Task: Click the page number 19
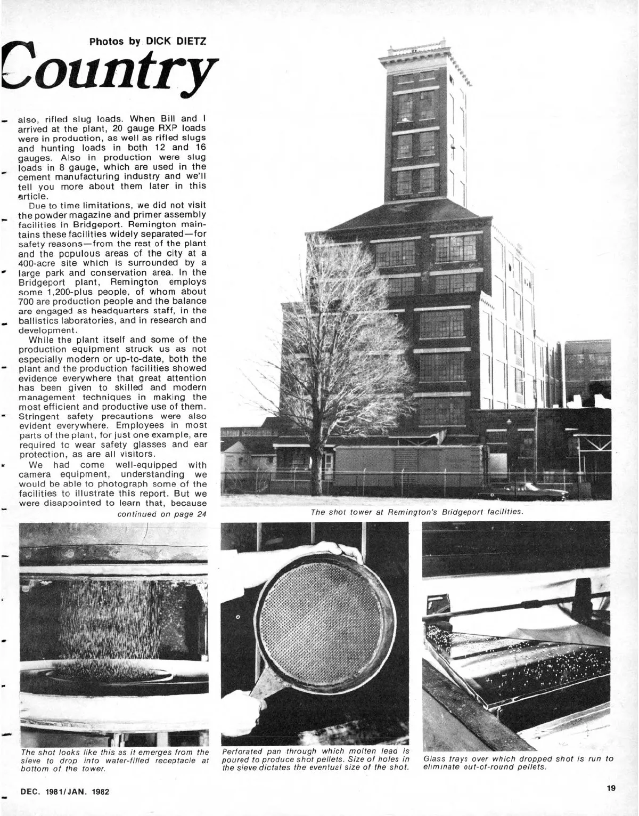click(610, 788)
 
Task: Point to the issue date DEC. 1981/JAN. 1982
click(64, 791)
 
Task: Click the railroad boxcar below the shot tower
click(407, 465)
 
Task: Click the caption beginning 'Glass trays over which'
click(518, 763)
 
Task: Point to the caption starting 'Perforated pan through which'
click(315, 759)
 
